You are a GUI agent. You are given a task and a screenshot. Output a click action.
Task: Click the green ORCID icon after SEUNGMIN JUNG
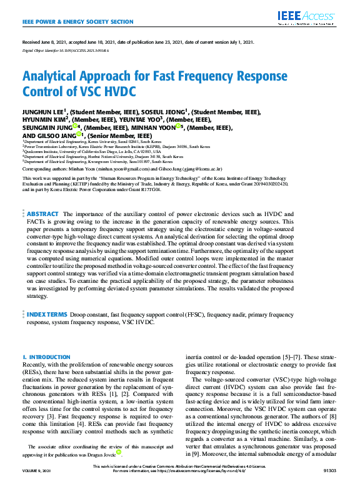click(75, 127)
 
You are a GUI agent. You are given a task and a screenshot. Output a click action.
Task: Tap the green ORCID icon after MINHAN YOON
click(179, 127)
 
